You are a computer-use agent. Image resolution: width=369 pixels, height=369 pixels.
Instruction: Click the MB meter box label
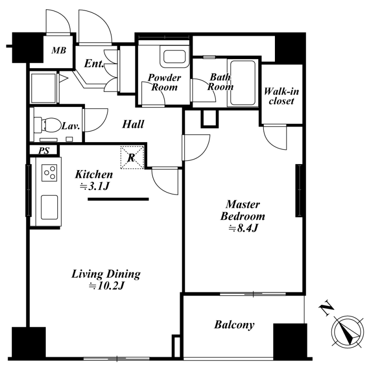point(59,50)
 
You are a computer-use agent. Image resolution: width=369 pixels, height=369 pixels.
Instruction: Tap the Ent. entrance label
point(94,63)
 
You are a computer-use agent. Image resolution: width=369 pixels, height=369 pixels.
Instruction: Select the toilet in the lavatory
point(47,125)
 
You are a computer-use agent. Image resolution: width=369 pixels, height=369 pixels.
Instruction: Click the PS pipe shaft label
point(44,151)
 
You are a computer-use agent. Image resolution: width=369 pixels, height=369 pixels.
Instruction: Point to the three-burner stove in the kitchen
point(49,173)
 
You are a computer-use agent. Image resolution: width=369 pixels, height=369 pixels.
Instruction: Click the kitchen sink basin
point(49,207)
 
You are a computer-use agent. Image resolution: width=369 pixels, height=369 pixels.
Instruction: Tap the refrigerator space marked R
point(132,157)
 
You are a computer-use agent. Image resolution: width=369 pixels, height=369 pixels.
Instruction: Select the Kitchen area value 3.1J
point(95,187)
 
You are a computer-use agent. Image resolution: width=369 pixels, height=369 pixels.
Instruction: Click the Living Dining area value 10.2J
point(106,286)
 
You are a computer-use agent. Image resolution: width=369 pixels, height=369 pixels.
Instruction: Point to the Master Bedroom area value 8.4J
point(243,228)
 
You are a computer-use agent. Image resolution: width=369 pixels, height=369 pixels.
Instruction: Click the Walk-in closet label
point(281,96)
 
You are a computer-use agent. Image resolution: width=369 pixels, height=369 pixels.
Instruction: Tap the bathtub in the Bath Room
point(243,83)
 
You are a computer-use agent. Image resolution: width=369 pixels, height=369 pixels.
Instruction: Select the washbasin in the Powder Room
point(174,56)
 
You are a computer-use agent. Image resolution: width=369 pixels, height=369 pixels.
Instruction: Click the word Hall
point(133,124)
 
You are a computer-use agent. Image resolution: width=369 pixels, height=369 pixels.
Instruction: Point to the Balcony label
point(234,325)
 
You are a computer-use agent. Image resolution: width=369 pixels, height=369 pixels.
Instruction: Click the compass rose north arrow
point(347,332)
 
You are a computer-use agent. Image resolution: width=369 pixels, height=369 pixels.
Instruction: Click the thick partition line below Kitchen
point(118,199)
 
